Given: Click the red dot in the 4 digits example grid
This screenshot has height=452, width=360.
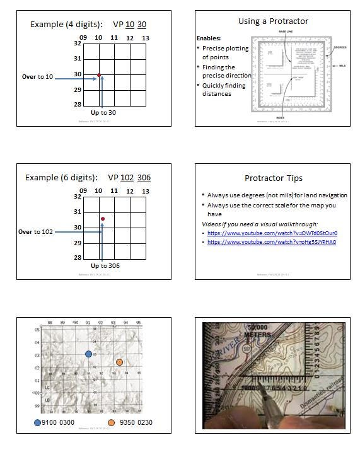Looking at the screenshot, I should [x=99, y=75].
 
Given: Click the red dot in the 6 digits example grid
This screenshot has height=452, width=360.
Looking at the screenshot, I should [x=102, y=219].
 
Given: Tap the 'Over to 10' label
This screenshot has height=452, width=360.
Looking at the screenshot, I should [x=37, y=77].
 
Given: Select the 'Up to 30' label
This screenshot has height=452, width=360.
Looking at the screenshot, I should [x=103, y=112].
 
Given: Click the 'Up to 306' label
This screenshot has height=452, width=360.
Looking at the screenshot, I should [x=105, y=266].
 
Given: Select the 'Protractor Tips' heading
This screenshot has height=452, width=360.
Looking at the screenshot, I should [x=272, y=178].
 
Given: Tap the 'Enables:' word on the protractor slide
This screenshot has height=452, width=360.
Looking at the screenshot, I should [x=209, y=38].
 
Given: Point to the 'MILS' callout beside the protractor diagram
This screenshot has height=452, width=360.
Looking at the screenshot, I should [x=342, y=66].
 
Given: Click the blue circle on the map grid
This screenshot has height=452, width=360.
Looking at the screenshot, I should [x=89, y=354].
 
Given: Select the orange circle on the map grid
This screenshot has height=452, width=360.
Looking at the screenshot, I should [x=119, y=362].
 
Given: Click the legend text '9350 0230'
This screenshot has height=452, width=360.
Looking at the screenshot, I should [x=136, y=422].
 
